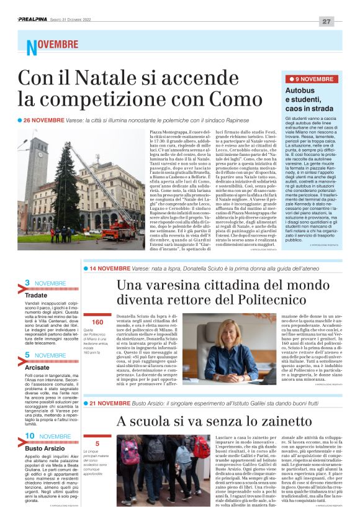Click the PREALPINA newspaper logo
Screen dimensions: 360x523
36,20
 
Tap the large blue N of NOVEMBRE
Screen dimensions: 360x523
31,47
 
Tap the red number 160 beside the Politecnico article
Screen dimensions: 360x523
97,322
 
